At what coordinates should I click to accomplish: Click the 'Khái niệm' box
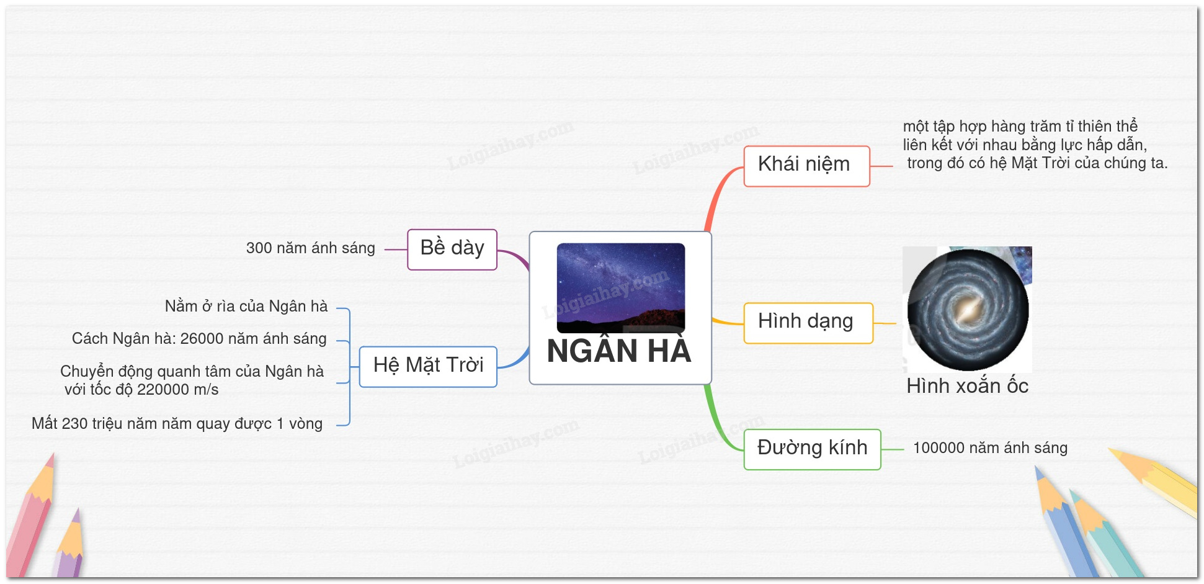[806, 166]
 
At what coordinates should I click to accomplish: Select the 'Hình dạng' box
[808, 323]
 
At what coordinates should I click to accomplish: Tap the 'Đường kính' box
[812, 449]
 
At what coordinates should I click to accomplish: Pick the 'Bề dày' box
[452, 249]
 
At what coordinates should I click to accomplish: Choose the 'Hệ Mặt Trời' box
[428, 367]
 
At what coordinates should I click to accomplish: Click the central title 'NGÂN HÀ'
[619, 351]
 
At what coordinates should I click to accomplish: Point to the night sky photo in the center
[621, 288]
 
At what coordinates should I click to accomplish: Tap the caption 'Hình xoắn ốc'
[967, 386]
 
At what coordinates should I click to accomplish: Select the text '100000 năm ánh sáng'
[990, 448]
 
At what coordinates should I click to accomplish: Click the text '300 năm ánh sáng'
[310, 248]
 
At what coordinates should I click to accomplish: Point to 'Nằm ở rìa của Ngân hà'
[246, 306]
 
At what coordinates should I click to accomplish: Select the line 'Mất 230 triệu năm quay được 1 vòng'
[177, 424]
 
